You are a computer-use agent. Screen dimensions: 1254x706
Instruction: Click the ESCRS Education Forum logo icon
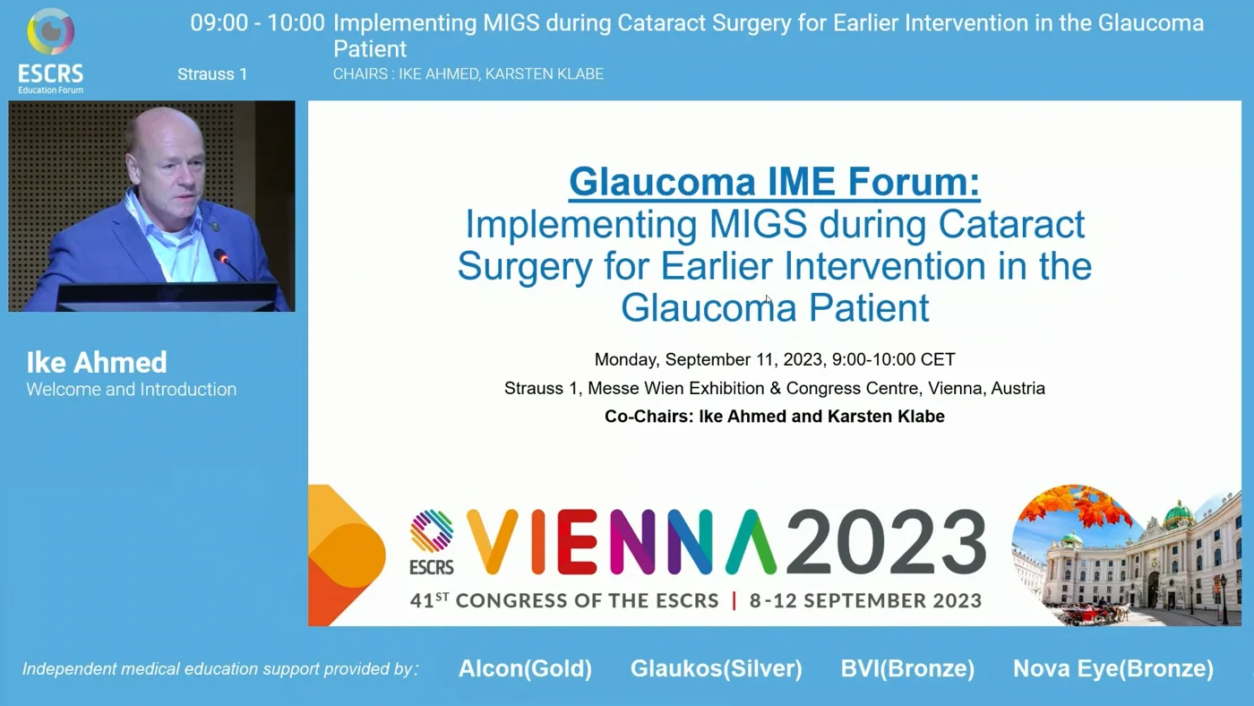[50, 31]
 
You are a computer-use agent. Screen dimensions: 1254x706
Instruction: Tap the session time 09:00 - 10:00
[257, 23]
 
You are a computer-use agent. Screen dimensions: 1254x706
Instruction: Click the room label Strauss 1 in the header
[212, 73]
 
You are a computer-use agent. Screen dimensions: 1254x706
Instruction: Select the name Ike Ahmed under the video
[97, 362]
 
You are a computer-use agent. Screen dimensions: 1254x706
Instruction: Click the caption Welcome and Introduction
[132, 389]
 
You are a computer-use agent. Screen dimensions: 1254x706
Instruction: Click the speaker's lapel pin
[214, 226]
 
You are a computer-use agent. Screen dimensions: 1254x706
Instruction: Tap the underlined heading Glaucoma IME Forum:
[774, 182]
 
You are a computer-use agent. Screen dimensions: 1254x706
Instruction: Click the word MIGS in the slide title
[758, 224]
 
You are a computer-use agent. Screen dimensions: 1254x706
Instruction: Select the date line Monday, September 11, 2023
[709, 359]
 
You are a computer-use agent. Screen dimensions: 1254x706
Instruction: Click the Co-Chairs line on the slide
[775, 417]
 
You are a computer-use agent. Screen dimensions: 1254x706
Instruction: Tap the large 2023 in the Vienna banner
[886, 541]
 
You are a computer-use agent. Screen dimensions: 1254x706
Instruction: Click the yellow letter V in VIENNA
[492, 541]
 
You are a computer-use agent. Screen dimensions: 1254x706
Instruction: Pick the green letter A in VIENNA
[752, 541]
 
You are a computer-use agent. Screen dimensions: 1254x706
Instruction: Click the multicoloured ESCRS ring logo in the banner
[431, 530]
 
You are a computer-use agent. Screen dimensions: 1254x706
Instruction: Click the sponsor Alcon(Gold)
[525, 668]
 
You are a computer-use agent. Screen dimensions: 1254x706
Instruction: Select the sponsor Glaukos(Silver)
[716, 668]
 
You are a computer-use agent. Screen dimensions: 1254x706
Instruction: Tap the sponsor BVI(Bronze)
[907, 668]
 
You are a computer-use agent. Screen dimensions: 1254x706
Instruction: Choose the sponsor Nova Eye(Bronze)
[1113, 668]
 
